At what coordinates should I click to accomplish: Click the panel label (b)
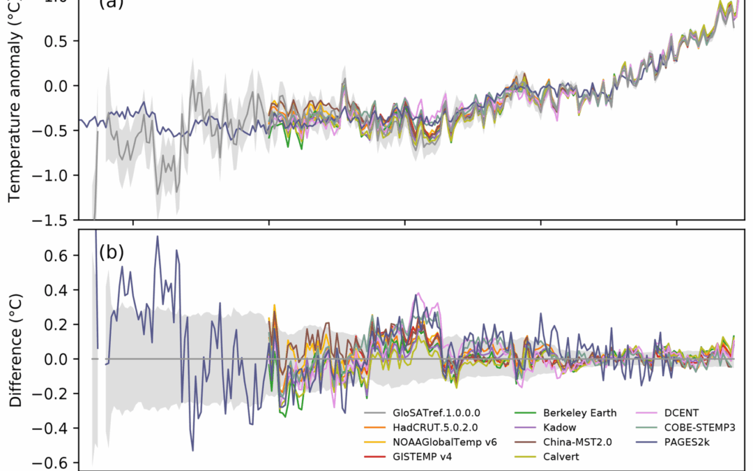click(112, 252)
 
